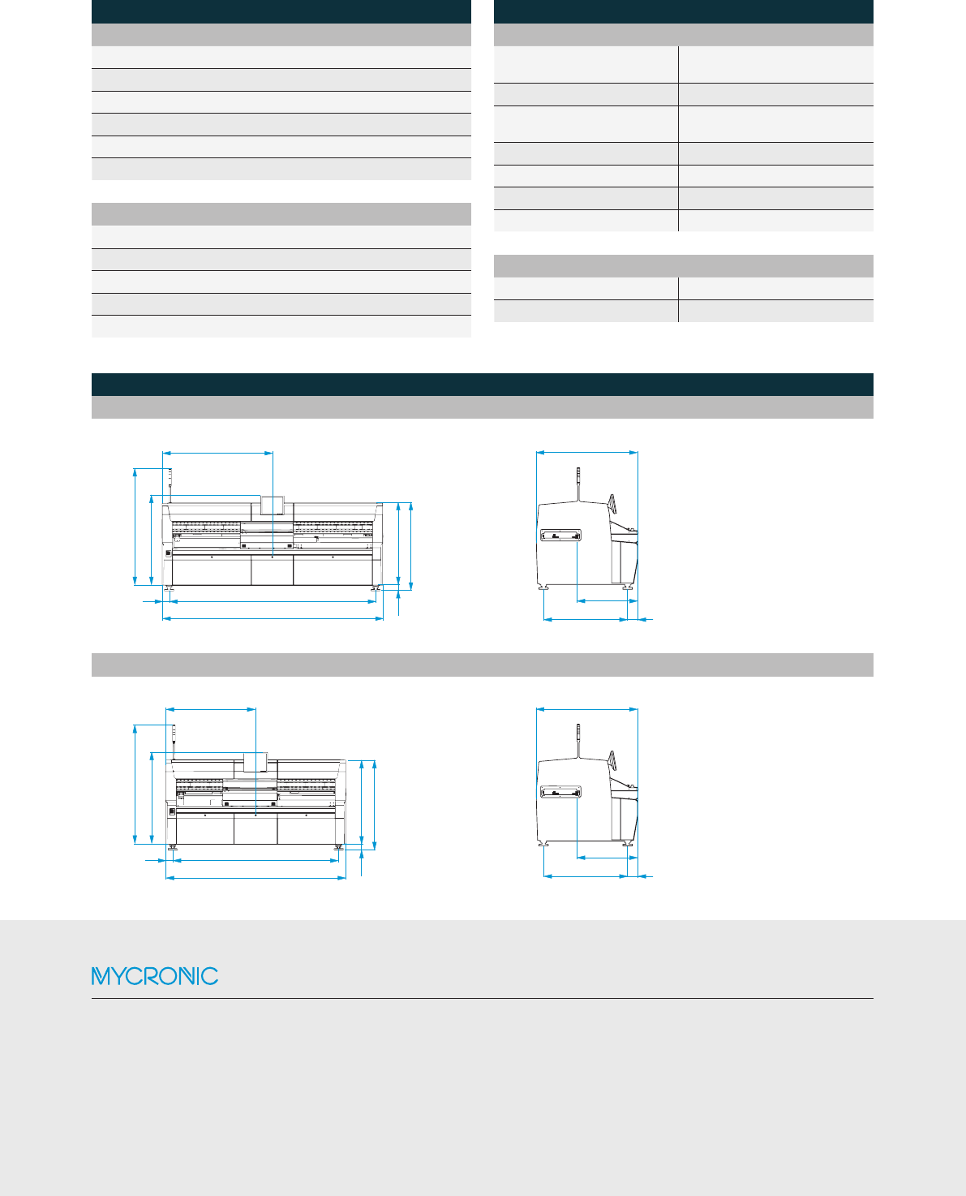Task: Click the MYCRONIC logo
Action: [x=154, y=975]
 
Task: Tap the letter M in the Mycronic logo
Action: [x=101, y=975]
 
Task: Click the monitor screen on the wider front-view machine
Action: [x=273, y=504]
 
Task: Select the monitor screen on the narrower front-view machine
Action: [x=255, y=762]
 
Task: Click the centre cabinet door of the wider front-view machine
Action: [x=272, y=570]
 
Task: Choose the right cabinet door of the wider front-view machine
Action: [x=333, y=570]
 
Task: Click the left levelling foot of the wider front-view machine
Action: [x=169, y=588]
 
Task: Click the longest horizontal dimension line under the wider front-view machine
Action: [x=273, y=618]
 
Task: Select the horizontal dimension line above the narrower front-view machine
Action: [x=211, y=709]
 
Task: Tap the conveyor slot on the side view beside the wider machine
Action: [x=560, y=535]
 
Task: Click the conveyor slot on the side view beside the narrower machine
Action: [x=560, y=792]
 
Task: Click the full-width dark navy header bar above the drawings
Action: [x=482, y=385]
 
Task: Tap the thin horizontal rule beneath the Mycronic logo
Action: [x=482, y=998]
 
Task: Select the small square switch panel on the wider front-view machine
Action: [x=169, y=553]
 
